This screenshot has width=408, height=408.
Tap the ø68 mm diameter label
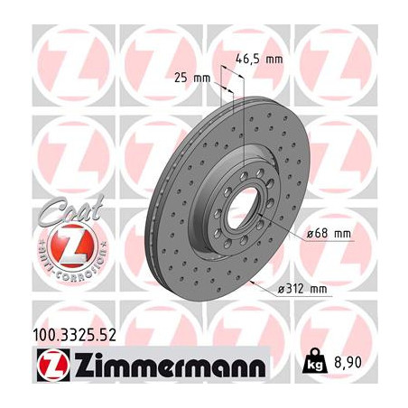(325, 233)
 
